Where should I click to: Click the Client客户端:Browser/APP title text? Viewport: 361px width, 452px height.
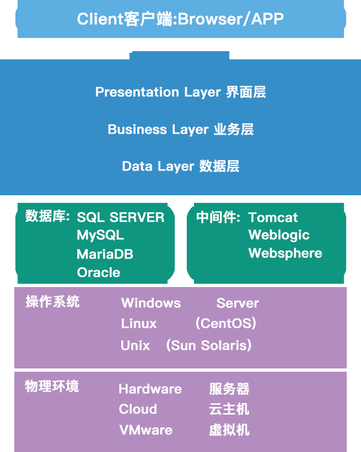pyautogui.click(x=180, y=19)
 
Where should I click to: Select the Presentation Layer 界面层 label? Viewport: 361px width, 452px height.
pyautogui.click(x=180, y=92)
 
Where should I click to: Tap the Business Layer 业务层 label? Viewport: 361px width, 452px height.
pyautogui.click(x=180, y=129)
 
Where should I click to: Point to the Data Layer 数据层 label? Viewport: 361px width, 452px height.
pyautogui.click(x=180, y=166)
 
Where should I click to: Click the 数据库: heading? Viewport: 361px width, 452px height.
pyautogui.click(x=47, y=216)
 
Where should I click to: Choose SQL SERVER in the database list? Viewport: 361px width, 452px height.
pyautogui.click(x=121, y=217)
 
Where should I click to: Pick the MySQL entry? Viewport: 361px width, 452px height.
pyautogui.click(x=100, y=235)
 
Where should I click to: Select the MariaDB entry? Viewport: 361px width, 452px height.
pyautogui.click(x=105, y=254)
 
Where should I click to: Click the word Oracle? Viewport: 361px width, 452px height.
pyautogui.click(x=99, y=272)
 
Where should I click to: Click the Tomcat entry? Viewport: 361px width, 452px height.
pyautogui.click(x=273, y=217)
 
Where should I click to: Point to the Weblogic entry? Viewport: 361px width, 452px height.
pyautogui.click(x=279, y=235)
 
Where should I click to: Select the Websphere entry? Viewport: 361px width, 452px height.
pyautogui.click(x=285, y=253)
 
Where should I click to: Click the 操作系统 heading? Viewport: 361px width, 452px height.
pyautogui.click(x=52, y=302)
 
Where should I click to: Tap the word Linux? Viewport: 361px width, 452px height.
pyautogui.click(x=139, y=324)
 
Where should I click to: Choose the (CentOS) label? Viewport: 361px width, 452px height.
pyautogui.click(x=226, y=324)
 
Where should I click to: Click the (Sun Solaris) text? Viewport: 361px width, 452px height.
pyautogui.click(x=209, y=345)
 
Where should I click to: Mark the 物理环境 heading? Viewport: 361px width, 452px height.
pyautogui.click(x=52, y=386)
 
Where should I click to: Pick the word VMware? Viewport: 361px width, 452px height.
pyautogui.click(x=146, y=430)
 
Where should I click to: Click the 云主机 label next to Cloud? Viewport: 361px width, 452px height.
pyautogui.click(x=229, y=409)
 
